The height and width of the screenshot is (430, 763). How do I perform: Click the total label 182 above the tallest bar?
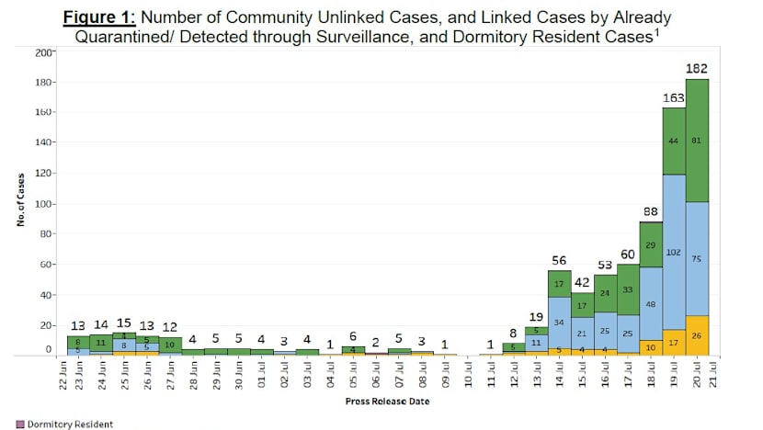pos(696,68)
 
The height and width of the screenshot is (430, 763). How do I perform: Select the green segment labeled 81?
pos(696,140)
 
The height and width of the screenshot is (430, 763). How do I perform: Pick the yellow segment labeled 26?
pos(696,335)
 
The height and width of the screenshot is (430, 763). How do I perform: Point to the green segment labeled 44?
pos(673,141)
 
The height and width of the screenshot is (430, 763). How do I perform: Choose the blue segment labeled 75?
pos(696,259)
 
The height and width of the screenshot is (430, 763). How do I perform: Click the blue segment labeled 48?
pos(650,303)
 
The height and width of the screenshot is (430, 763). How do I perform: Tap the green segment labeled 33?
pos(628,289)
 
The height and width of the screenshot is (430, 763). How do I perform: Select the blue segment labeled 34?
pos(559,322)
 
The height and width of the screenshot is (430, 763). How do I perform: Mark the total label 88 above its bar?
pos(650,209)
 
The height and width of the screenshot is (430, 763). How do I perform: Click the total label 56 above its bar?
pos(559,259)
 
